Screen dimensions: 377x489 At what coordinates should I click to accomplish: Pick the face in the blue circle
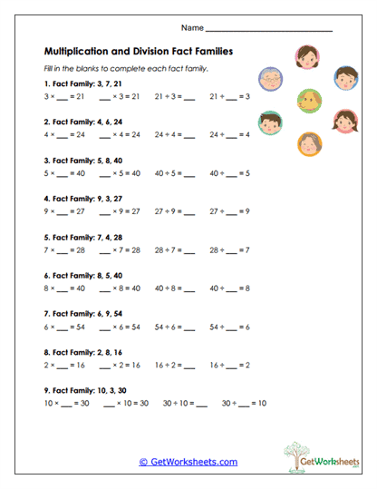tap(345, 76)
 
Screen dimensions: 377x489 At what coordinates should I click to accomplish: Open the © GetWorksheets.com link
tap(188, 462)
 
